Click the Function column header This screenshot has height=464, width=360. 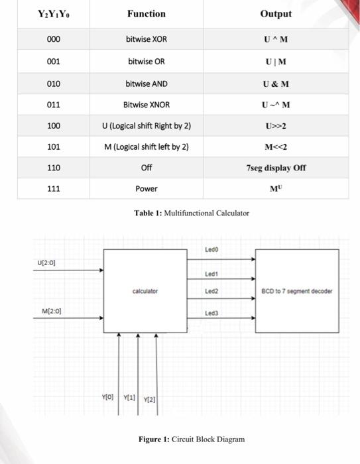pyautogui.click(x=147, y=13)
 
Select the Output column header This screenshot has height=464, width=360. pyautogui.click(x=276, y=13)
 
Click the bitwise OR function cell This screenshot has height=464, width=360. pyautogui.click(x=147, y=61)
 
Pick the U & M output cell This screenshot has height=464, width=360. pyautogui.click(x=276, y=83)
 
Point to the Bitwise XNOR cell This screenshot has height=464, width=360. pyautogui.click(x=147, y=104)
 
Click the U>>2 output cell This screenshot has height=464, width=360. pyautogui.click(x=276, y=125)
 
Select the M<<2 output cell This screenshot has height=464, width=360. pyautogui.click(x=276, y=146)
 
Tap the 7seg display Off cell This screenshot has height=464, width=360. pyautogui.click(x=276, y=168)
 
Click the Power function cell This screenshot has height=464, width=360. pyautogui.click(x=147, y=189)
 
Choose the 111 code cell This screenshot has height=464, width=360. pyautogui.click(x=54, y=189)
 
